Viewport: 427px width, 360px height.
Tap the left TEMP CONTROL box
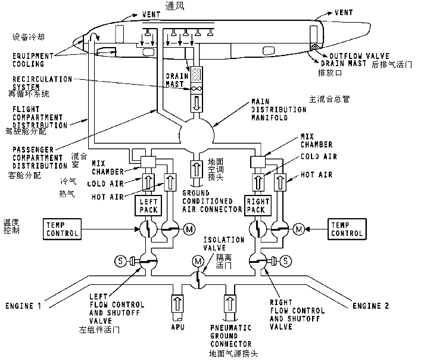point(62,229)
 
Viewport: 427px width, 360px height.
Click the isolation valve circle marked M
point(197,261)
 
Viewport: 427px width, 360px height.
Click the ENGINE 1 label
point(23,306)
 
